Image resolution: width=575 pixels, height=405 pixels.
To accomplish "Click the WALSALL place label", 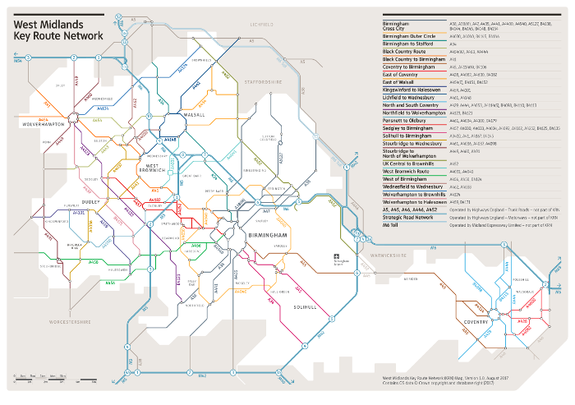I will (195, 115).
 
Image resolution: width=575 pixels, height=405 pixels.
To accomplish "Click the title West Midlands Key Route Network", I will (57, 30).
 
